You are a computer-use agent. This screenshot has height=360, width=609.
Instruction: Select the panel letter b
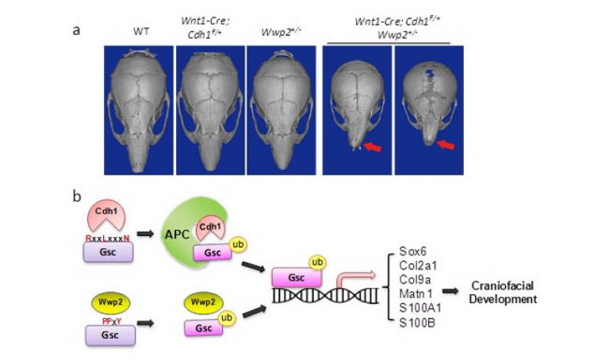click(76, 193)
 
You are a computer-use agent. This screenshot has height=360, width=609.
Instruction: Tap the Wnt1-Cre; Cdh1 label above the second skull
click(209, 33)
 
